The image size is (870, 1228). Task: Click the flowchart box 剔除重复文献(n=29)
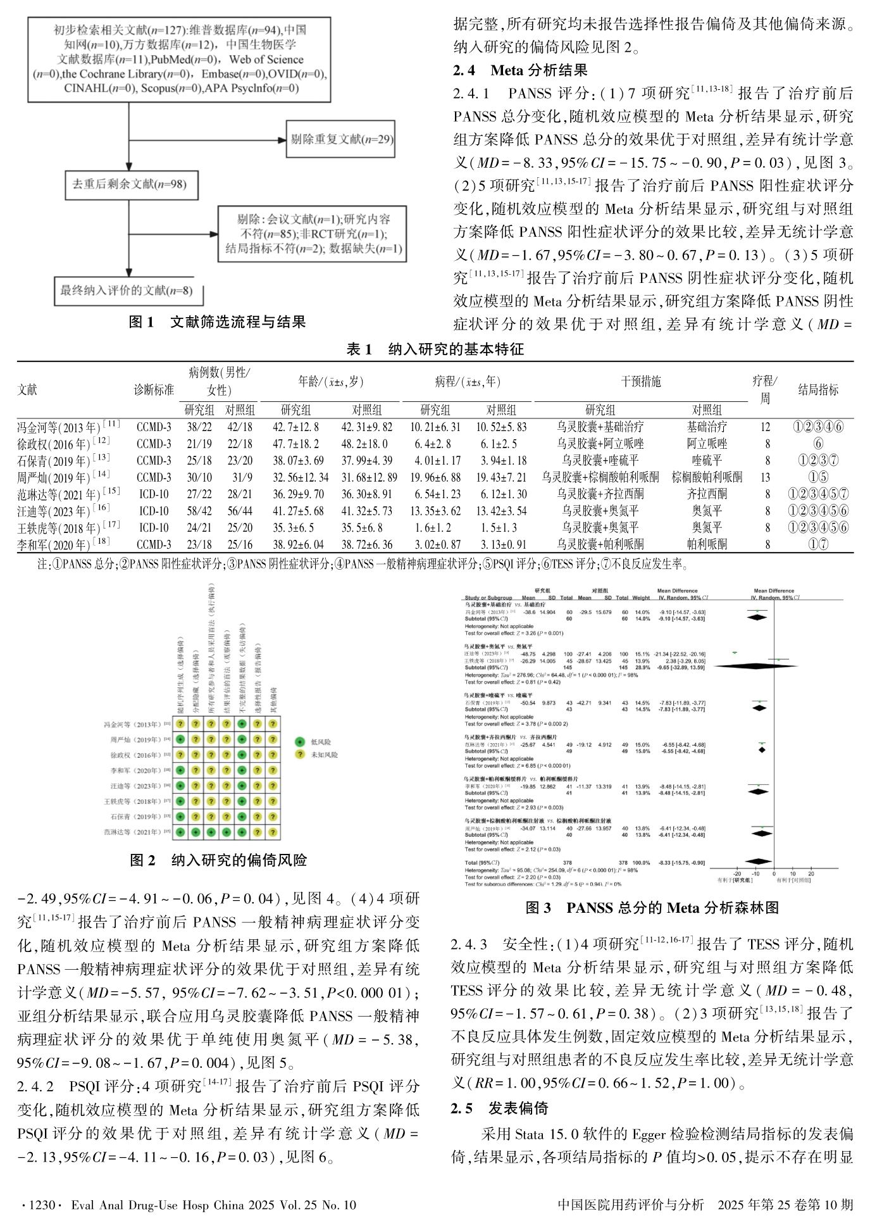[340, 139]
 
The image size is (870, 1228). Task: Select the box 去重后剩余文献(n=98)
[128, 185]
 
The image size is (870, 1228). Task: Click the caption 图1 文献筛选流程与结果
[217, 322]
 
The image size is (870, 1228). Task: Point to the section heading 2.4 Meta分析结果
[520, 70]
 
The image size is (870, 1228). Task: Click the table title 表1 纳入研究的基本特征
[435, 349]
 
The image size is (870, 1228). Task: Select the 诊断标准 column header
[154, 389]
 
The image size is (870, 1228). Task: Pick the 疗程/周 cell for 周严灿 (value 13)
[767, 477]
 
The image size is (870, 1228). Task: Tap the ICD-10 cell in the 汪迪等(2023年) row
[154, 510]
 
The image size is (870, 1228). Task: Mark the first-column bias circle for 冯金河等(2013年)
[181, 724]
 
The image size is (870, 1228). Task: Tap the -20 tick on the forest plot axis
[737, 873]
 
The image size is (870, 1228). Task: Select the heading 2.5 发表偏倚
[499, 1108]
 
